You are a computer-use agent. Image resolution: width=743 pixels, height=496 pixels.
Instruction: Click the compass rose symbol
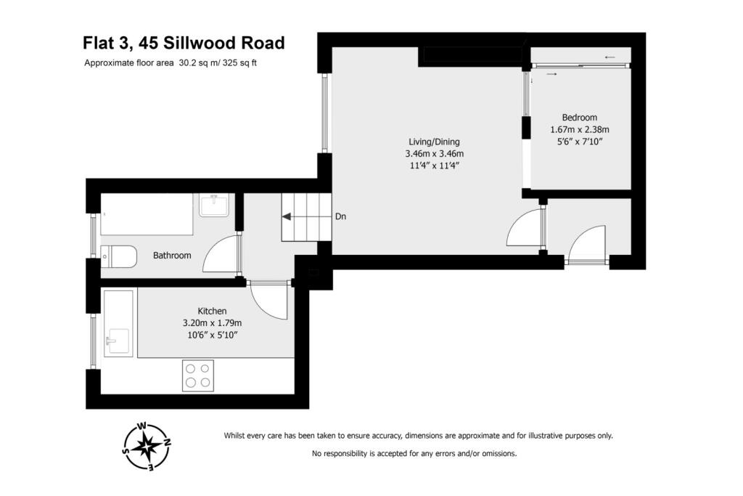pos(147,446)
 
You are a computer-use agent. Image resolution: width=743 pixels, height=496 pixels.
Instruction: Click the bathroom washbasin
pos(215,206)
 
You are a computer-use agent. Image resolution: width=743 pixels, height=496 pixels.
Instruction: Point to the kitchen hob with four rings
pos(197,375)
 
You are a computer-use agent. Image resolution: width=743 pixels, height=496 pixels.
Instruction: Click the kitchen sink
pos(117,340)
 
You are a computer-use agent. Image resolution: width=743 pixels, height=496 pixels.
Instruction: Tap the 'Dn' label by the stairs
pos(340,216)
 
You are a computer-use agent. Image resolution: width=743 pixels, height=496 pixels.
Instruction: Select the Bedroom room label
pos(580,118)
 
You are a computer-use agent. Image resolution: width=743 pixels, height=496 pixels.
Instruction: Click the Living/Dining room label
pos(434,142)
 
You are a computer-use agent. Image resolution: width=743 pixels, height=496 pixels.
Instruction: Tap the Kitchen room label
pos(212,311)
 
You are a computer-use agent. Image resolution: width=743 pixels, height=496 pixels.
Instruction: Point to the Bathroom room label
pos(172,256)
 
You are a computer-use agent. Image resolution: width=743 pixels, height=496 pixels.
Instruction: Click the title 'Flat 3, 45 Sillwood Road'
pos(183,43)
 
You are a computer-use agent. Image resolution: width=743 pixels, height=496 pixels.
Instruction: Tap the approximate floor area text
pos(171,62)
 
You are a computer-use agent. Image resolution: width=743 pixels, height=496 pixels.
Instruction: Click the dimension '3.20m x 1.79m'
pos(212,322)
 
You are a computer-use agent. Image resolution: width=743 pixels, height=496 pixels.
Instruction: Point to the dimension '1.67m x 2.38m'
pos(580,130)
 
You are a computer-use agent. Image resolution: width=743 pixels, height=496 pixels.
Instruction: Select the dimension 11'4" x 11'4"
pos(434,166)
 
